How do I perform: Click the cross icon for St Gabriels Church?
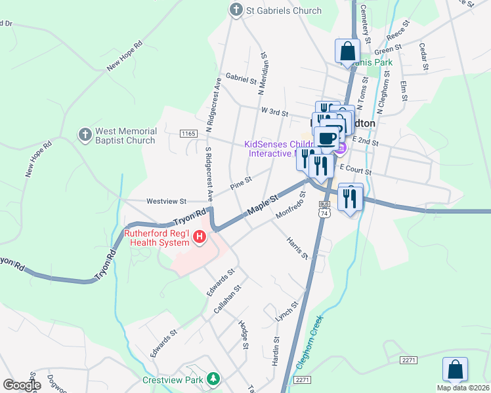tap(236, 10)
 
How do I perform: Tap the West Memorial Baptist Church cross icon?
tap(84, 135)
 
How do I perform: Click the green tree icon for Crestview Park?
tap(213, 379)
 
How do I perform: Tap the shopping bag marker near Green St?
tap(347, 52)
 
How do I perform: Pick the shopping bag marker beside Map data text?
tap(455, 370)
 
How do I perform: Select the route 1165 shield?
tap(188, 134)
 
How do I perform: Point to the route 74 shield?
tap(324, 213)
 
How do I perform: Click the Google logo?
tap(22, 384)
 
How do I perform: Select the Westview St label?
tap(167, 201)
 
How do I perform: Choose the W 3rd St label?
tap(276, 111)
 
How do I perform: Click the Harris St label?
tap(297, 247)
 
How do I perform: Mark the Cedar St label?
tap(423, 57)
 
